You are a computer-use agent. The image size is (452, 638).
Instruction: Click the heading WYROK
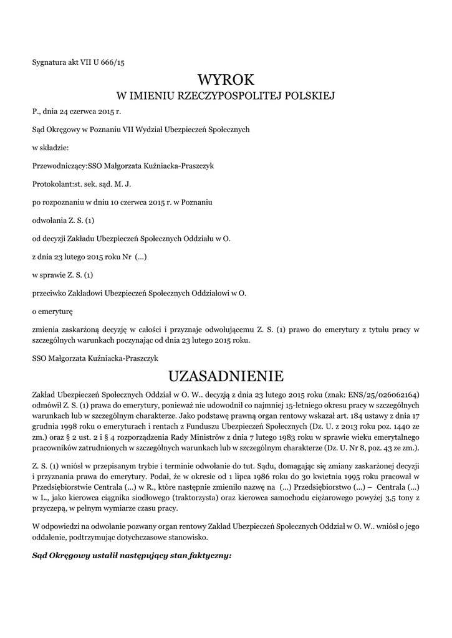click(226, 79)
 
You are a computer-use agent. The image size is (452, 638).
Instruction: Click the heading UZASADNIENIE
click(226, 376)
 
